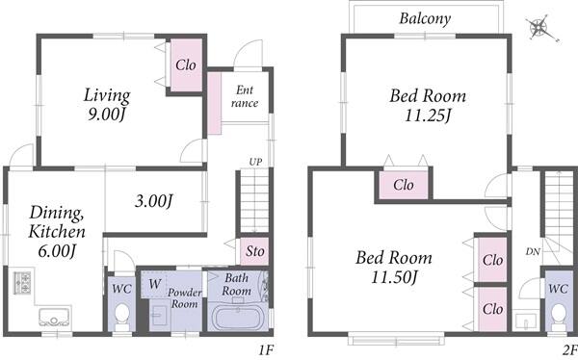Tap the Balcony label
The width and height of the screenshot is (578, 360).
(425, 18)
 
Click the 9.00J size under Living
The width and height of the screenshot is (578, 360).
(106, 115)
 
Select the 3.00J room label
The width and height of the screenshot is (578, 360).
(154, 201)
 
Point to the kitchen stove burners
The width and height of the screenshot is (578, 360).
(22, 282)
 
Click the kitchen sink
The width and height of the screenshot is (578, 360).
(54, 317)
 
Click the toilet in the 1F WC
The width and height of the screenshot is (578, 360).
(121, 317)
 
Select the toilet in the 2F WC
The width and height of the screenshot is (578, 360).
(559, 317)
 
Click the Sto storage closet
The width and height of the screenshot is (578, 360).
(254, 251)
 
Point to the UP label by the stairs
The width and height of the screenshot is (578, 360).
(255, 162)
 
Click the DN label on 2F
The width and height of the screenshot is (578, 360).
(533, 251)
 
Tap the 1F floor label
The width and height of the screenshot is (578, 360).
(265, 349)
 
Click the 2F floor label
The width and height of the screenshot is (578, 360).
(570, 349)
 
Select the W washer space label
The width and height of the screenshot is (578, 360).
(155, 284)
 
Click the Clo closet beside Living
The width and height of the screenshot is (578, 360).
(186, 65)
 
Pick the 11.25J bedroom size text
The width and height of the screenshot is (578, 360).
(428, 116)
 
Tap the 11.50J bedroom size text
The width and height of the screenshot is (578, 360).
(394, 277)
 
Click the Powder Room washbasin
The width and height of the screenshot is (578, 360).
(159, 315)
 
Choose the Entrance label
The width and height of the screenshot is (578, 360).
(245, 96)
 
